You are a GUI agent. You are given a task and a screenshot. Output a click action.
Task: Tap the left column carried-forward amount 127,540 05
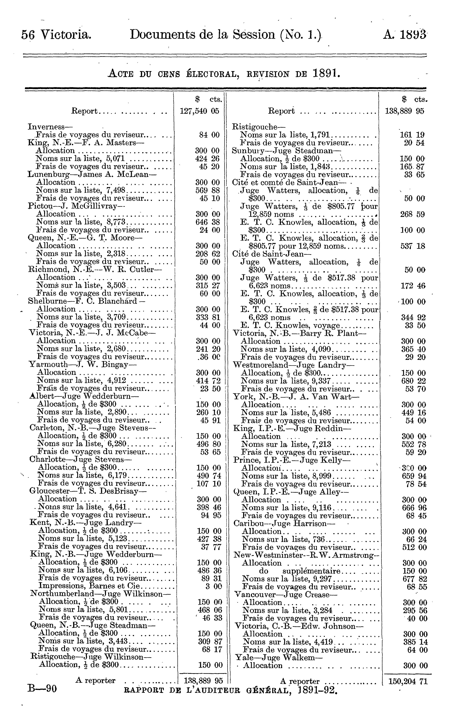[200, 111]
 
